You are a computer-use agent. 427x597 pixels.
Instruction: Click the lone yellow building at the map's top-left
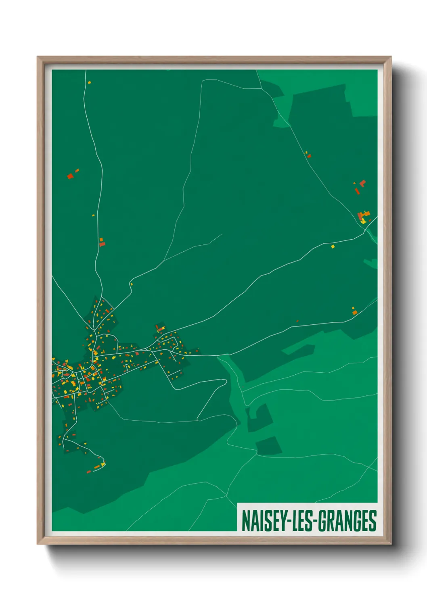point(89,82)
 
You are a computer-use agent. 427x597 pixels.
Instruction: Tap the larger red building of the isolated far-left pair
point(70,176)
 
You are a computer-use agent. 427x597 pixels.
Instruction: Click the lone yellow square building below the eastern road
point(333,246)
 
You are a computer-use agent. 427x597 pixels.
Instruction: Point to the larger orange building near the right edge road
point(355,312)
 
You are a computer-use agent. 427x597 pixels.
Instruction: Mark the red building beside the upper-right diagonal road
point(309,156)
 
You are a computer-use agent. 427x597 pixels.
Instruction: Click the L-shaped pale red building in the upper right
point(362,184)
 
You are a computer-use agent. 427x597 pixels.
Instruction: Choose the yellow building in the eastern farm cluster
point(364,220)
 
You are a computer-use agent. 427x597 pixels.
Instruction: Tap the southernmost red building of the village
point(88,471)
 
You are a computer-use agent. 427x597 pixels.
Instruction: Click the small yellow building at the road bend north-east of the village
point(132,284)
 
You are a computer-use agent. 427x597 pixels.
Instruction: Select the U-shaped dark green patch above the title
point(258,417)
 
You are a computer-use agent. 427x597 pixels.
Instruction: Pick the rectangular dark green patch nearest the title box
point(269,446)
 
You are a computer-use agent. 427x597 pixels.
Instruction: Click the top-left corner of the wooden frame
point(38,57)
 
